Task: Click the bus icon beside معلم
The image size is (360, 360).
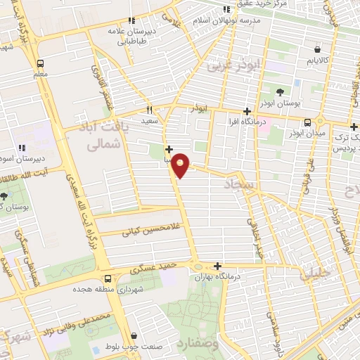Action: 40,61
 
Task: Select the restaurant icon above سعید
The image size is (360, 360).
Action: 149,110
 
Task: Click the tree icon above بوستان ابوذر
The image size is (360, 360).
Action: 281,92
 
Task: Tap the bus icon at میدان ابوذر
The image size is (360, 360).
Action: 307,122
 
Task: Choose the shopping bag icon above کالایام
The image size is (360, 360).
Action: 319,50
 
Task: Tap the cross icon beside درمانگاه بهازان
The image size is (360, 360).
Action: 218,266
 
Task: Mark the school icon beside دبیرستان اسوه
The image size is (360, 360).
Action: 21,147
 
